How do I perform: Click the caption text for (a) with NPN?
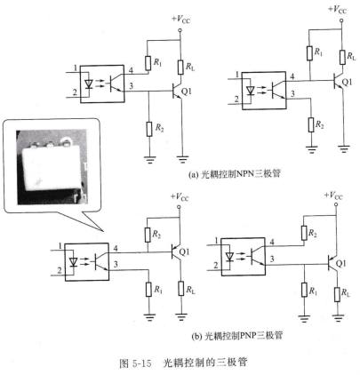[x=234, y=174]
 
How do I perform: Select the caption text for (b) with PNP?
[x=237, y=336]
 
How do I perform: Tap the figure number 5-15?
[x=140, y=363]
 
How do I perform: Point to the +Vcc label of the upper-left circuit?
[x=180, y=20]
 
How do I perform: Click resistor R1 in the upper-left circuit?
[x=148, y=63]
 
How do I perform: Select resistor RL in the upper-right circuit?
[x=342, y=57]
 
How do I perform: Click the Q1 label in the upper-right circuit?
[x=347, y=82]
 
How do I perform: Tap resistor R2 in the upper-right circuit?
[x=311, y=124]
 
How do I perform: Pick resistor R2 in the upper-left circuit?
[x=149, y=129]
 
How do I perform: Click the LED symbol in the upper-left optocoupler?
[x=89, y=84]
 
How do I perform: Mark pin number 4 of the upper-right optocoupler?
[x=292, y=76]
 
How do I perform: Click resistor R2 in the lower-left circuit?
[x=148, y=235]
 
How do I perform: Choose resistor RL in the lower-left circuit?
[x=181, y=288]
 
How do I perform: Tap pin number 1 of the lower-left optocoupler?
[x=60, y=245]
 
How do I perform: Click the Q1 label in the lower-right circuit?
[x=340, y=263]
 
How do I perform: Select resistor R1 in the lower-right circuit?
[x=304, y=290]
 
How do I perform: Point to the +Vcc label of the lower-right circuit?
[x=333, y=195]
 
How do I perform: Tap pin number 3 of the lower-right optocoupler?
[x=272, y=259]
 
